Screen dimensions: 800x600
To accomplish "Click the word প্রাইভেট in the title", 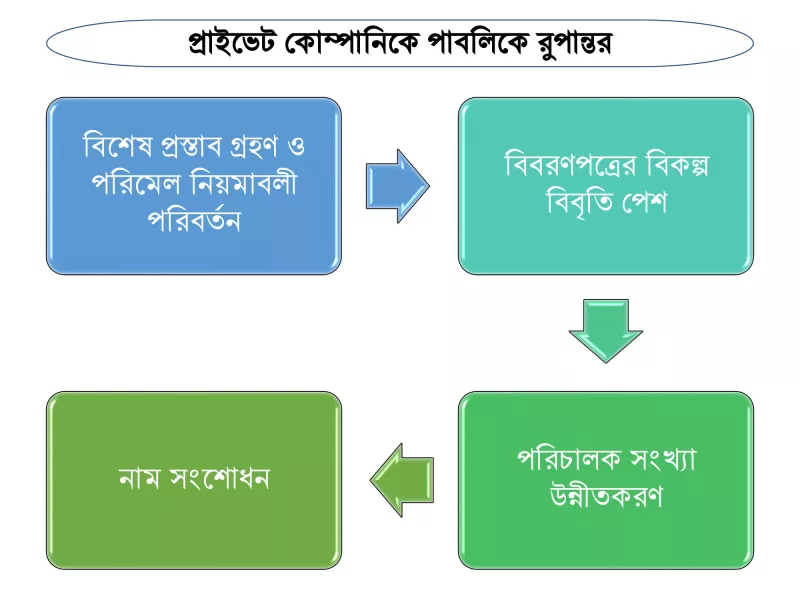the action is point(231,43).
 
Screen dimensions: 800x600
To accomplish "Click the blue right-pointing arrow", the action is point(397,186).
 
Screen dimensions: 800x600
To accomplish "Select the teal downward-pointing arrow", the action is point(606,331).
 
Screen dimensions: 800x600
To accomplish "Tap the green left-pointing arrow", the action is point(402,480).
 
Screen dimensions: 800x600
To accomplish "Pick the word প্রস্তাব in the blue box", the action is point(191,146).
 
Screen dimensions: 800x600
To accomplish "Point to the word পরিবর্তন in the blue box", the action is point(194,219).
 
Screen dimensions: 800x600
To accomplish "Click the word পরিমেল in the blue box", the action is point(136,183).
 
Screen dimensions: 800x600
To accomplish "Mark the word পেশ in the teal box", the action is point(644,202).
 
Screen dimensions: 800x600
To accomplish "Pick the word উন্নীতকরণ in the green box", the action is point(606,495).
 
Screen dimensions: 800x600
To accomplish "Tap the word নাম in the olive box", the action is point(139,479).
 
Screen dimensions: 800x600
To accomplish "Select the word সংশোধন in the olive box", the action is point(219,478).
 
